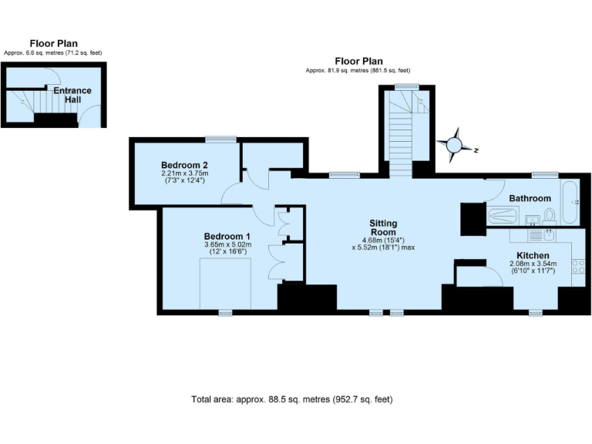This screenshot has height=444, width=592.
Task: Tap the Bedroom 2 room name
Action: pos(184,165)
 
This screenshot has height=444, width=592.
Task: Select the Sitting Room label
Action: pos(383,227)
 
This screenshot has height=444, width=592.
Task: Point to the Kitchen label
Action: pos(533,255)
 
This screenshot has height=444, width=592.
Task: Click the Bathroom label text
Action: pos(530,198)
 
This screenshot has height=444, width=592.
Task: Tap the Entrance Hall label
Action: pos(72,95)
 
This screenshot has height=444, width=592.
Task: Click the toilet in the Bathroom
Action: pos(549,216)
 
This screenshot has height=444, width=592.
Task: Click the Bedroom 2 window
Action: pos(220,140)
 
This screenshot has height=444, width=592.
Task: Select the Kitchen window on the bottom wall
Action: pos(535,312)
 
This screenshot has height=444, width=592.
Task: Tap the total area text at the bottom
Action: pos(292,399)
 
